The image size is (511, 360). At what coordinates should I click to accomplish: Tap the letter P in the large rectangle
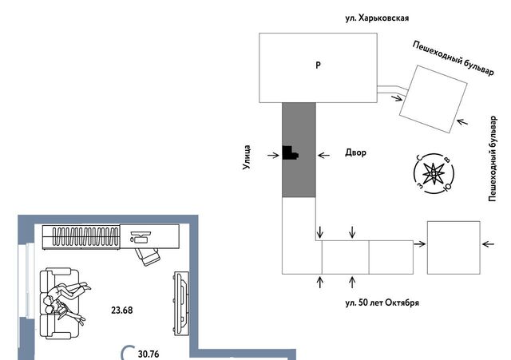[318, 65]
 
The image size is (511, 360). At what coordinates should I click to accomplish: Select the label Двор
[355, 152]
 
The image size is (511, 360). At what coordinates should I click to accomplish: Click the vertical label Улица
[248, 159]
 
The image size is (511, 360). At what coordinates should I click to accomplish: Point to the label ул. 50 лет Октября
[382, 303]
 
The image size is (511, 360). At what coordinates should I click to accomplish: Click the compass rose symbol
[434, 174]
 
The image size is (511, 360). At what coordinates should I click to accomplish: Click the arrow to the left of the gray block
[271, 154]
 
